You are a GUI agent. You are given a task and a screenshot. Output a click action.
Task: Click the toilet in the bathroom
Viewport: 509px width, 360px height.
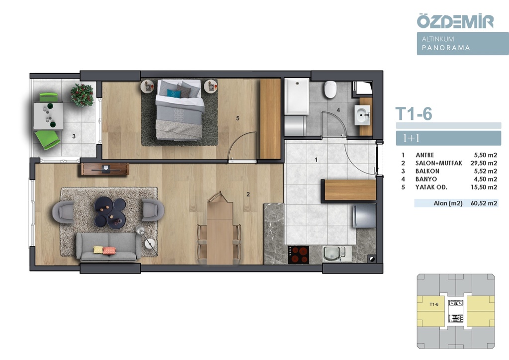(x=331, y=90)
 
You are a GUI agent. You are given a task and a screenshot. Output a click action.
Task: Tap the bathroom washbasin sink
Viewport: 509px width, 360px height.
(x=362, y=114)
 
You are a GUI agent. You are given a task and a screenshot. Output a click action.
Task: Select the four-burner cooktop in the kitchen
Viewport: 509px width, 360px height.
(x=299, y=255)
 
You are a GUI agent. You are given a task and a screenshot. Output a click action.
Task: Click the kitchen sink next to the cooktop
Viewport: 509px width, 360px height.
(x=332, y=254)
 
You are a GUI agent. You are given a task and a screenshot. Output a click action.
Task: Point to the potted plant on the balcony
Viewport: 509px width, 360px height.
(x=82, y=95)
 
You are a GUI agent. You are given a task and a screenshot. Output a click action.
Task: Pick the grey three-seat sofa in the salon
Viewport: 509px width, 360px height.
(x=108, y=247)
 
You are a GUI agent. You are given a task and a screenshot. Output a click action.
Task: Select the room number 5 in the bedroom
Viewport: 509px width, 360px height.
(x=238, y=118)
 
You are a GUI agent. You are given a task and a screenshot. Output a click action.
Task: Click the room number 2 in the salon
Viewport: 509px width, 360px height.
(x=248, y=194)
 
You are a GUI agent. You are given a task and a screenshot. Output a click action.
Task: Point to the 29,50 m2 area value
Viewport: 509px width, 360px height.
(x=484, y=163)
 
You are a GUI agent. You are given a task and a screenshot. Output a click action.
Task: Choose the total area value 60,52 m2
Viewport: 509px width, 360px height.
(x=484, y=203)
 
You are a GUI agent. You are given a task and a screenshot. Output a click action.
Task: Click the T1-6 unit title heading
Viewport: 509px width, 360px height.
(x=414, y=114)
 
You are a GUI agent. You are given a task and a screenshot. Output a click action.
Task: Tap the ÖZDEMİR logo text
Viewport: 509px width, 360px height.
(x=455, y=21)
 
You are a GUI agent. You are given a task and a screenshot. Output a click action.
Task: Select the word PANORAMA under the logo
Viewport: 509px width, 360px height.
(x=446, y=48)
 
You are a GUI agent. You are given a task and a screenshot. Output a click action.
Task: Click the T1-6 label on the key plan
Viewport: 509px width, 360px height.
(x=434, y=304)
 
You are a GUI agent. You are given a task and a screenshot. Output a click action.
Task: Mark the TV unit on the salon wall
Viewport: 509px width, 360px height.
(x=105, y=169)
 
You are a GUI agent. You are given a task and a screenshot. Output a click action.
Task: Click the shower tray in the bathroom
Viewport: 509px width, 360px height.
(x=297, y=96)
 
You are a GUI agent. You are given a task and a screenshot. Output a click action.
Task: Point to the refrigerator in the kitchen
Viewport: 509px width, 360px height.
(x=364, y=216)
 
